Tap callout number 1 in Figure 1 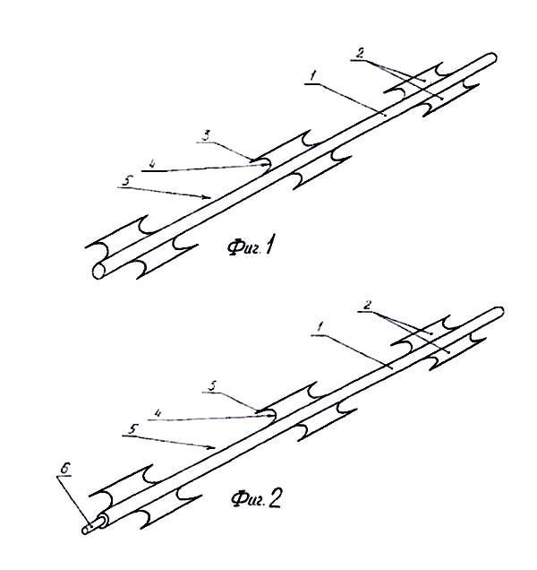[313, 77]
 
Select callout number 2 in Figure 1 [359, 54]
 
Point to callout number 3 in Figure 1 [206, 136]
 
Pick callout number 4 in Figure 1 [152, 164]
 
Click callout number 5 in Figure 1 [126, 181]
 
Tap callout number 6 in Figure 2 [64, 469]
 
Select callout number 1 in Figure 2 [320, 327]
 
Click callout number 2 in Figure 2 [368, 306]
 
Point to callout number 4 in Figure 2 [158, 413]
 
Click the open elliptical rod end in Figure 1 [98, 272]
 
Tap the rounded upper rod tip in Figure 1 [492, 57]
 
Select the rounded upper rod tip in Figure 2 [499, 312]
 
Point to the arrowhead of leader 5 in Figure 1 [207, 197]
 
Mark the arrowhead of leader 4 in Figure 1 [265, 165]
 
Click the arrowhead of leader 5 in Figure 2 [212, 447]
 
